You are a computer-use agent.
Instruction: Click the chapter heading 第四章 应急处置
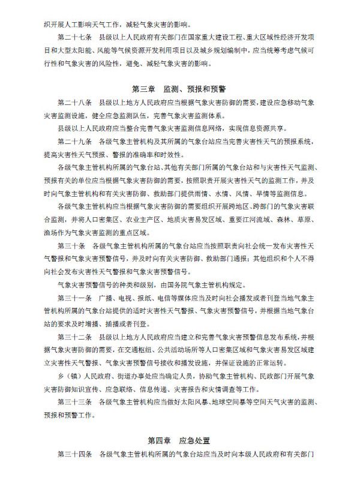tap(179, 441)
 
